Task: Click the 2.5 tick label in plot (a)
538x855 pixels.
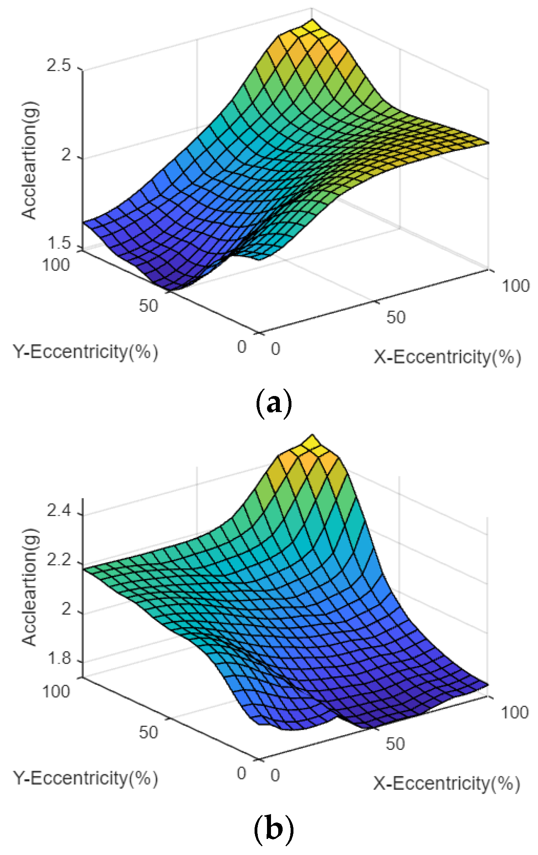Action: tap(59, 65)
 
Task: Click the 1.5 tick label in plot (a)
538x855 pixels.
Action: tap(59, 243)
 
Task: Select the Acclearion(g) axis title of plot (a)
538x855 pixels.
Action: tap(29, 160)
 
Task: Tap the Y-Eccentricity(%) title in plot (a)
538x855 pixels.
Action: tap(85, 352)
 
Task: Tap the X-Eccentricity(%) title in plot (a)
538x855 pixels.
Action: tap(447, 357)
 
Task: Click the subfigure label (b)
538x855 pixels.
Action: tap(274, 829)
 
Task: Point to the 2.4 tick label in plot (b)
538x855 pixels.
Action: tap(59, 511)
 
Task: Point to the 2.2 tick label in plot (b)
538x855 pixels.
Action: tap(59, 560)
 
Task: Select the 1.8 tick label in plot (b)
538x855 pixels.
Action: tap(59, 658)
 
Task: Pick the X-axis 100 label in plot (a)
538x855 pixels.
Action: tap(516, 286)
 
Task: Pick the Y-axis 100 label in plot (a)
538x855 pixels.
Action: tap(56, 265)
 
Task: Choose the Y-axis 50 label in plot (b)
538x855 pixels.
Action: tap(148, 732)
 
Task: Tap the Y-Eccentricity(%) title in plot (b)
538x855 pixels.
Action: tap(85, 778)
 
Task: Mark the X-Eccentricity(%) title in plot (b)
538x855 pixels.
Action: tap(446, 783)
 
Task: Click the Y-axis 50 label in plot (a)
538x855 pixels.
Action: tap(148, 306)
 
